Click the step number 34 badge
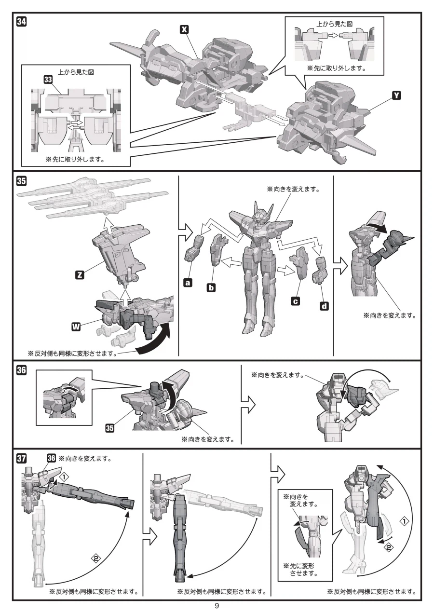[x=22, y=21]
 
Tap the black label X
[x=183, y=29]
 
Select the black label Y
[x=396, y=95]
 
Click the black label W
[x=76, y=327]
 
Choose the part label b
[x=211, y=288]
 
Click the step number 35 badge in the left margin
[x=22, y=181]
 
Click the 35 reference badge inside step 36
[x=110, y=428]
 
